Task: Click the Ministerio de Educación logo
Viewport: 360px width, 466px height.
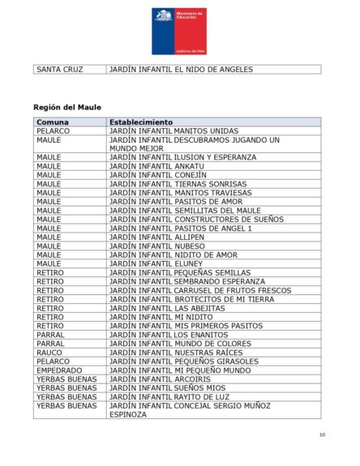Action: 179,31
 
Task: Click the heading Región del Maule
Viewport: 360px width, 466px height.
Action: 67,107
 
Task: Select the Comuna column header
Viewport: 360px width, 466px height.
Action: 53,122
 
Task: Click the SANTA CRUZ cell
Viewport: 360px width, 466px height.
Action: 60,70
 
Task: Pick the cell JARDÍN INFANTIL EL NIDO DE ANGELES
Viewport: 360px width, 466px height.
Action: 181,70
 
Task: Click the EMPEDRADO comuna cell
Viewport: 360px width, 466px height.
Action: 59,370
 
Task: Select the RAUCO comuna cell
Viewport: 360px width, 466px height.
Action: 49,353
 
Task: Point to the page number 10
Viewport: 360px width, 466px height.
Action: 322,435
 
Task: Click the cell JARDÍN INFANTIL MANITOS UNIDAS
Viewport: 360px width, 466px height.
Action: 174,130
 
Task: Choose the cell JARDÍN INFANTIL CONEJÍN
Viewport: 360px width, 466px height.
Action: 157,175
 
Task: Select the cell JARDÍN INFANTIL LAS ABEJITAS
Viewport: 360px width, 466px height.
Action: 162,308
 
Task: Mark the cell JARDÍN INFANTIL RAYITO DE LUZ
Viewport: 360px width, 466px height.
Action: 169,397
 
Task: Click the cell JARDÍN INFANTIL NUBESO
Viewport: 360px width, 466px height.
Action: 156,246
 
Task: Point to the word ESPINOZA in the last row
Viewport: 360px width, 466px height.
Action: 128,414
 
